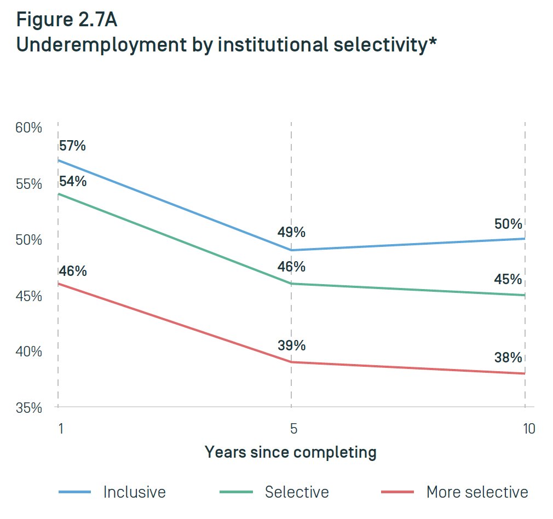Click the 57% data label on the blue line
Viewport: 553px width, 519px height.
coord(72,146)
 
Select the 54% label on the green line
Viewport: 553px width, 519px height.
coord(72,181)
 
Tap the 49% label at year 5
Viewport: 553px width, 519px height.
coord(291,232)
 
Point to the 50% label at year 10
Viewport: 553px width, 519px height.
coord(508,224)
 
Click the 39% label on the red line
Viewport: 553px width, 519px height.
coord(291,345)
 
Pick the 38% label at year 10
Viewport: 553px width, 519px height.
coord(508,358)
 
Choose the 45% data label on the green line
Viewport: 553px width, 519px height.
coord(508,280)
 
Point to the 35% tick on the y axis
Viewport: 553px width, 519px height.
coord(28,408)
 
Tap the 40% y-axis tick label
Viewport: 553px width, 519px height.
coord(28,351)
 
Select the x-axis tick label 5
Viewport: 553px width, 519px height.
coord(293,428)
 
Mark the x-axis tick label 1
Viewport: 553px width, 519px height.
coord(61,428)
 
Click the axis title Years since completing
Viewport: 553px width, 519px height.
coord(291,453)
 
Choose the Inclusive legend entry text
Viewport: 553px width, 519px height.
coord(134,492)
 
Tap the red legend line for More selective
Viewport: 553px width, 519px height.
coord(397,492)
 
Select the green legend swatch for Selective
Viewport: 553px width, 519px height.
coord(236,492)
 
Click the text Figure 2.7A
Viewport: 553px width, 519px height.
coord(66,20)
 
